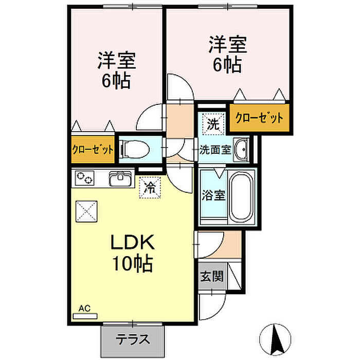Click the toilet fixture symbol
[135, 150]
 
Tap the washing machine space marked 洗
[212, 123]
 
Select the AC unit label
[84, 309]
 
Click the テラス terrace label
[132, 339]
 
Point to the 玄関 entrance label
[211, 277]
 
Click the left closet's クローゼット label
[93, 150]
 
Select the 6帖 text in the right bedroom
[226, 65]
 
